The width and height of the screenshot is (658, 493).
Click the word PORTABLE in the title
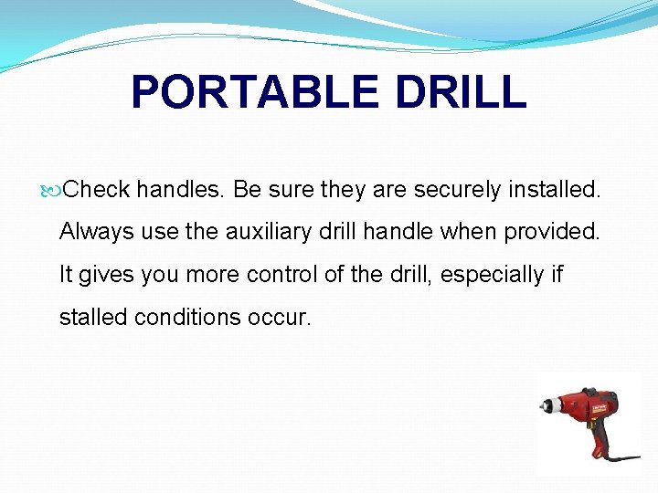click(246, 93)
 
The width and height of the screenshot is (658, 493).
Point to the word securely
click(457, 189)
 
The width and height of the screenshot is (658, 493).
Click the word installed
click(554, 189)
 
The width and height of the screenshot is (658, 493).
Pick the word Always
click(97, 232)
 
